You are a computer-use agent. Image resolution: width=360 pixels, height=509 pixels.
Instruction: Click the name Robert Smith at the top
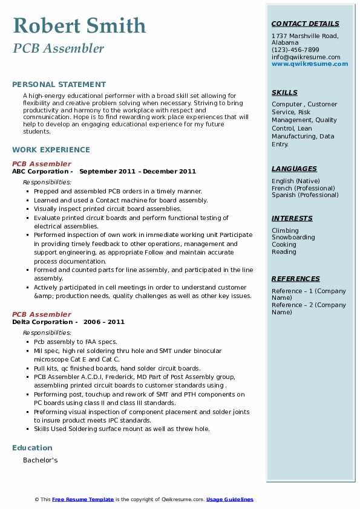coord(79,26)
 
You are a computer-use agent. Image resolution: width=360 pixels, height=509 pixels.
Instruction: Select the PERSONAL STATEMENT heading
coord(59,85)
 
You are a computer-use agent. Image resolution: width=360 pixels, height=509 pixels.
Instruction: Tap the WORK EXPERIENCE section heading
coord(51,149)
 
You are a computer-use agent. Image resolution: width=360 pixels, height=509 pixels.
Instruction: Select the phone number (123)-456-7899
coord(295,50)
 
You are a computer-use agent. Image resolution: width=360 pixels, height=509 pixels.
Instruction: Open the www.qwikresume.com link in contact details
coord(310,64)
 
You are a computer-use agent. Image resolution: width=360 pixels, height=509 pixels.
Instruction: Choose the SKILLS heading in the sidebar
coord(284,93)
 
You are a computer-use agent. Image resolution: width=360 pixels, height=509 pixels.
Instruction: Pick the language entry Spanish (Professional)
coord(305,195)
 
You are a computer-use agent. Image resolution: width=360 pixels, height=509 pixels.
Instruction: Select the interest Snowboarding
coord(293,238)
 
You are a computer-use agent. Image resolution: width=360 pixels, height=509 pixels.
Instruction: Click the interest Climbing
coord(285,230)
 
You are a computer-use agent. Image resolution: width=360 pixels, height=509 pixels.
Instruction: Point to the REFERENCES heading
coord(296,279)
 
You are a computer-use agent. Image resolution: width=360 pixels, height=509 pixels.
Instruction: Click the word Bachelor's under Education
coord(41,460)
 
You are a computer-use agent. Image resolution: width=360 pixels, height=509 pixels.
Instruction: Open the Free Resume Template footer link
coord(83,499)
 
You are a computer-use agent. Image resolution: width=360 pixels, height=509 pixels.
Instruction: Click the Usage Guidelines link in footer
coord(229,499)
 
